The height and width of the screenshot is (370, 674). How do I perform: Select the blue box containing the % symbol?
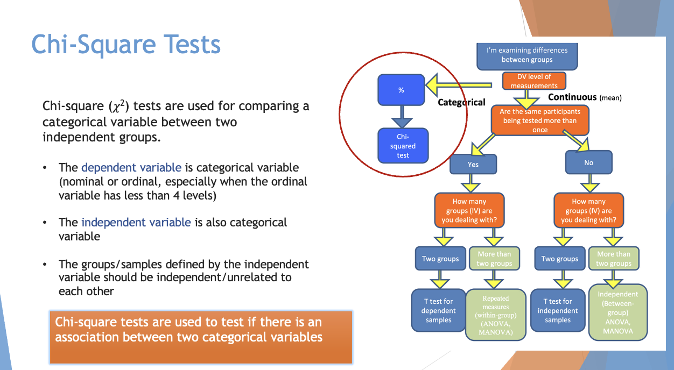tap(402, 90)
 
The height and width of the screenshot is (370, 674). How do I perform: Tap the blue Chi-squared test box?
tap(403, 146)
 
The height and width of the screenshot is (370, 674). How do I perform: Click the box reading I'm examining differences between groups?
tap(527, 55)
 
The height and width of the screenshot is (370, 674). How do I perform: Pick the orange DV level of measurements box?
tap(534, 81)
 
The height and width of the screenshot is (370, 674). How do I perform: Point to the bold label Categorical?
tap(461, 102)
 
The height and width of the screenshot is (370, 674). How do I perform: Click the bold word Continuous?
tap(572, 97)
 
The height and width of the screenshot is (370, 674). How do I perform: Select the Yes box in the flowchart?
tap(473, 164)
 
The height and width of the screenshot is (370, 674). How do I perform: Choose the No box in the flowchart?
tap(588, 162)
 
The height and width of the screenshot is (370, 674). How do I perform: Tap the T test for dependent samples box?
tap(438, 310)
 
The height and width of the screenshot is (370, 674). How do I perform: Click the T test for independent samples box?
tap(557, 310)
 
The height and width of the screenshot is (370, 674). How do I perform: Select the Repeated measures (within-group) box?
tap(495, 315)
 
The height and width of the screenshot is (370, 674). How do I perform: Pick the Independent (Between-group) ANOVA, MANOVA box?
tap(617, 312)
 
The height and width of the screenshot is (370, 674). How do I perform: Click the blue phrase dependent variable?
tap(131, 167)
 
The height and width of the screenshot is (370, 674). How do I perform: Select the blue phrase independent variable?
tap(136, 223)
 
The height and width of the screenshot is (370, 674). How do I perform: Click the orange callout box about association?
tap(201, 337)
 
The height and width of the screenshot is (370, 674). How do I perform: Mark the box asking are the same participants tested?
tap(539, 120)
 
